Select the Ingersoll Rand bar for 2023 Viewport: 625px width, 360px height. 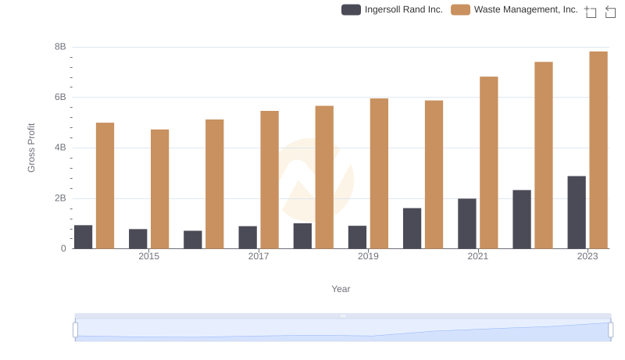pyautogui.click(x=577, y=212)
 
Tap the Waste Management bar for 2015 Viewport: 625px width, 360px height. pyautogui.click(x=160, y=189)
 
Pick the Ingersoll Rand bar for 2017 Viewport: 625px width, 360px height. pyautogui.click(x=248, y=237)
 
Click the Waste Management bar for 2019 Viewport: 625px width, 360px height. pyautogui.click(x=379, y=173)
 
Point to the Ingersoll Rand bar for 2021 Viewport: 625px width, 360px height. pyautogui.click(x=467, y=223)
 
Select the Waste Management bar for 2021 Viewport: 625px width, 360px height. pyautogui.click(x=489, y=162)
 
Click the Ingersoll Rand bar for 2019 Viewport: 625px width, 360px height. pyautogui.click(x=357, y=237)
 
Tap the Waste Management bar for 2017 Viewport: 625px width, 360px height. pyautogui.click(x=270, y=180)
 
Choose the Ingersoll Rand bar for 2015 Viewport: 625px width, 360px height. pyautogui.click(x=138, y=239)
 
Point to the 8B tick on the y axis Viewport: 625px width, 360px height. pyautogui.click(x=60, y=47)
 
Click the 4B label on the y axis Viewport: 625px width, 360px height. pyautogui.click(x=60, y=148)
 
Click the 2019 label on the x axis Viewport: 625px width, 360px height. pyautogui.click(x=368, y=256)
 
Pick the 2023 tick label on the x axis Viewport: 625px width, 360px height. pyautogui.click(x=587, y=256)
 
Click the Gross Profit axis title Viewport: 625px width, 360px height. pyautogui.click(x=32, y=148)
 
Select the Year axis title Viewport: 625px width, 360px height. pyautogui.click(x=341, y=289)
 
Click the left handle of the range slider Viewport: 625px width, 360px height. pyautogui.click(x=76, y=330)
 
